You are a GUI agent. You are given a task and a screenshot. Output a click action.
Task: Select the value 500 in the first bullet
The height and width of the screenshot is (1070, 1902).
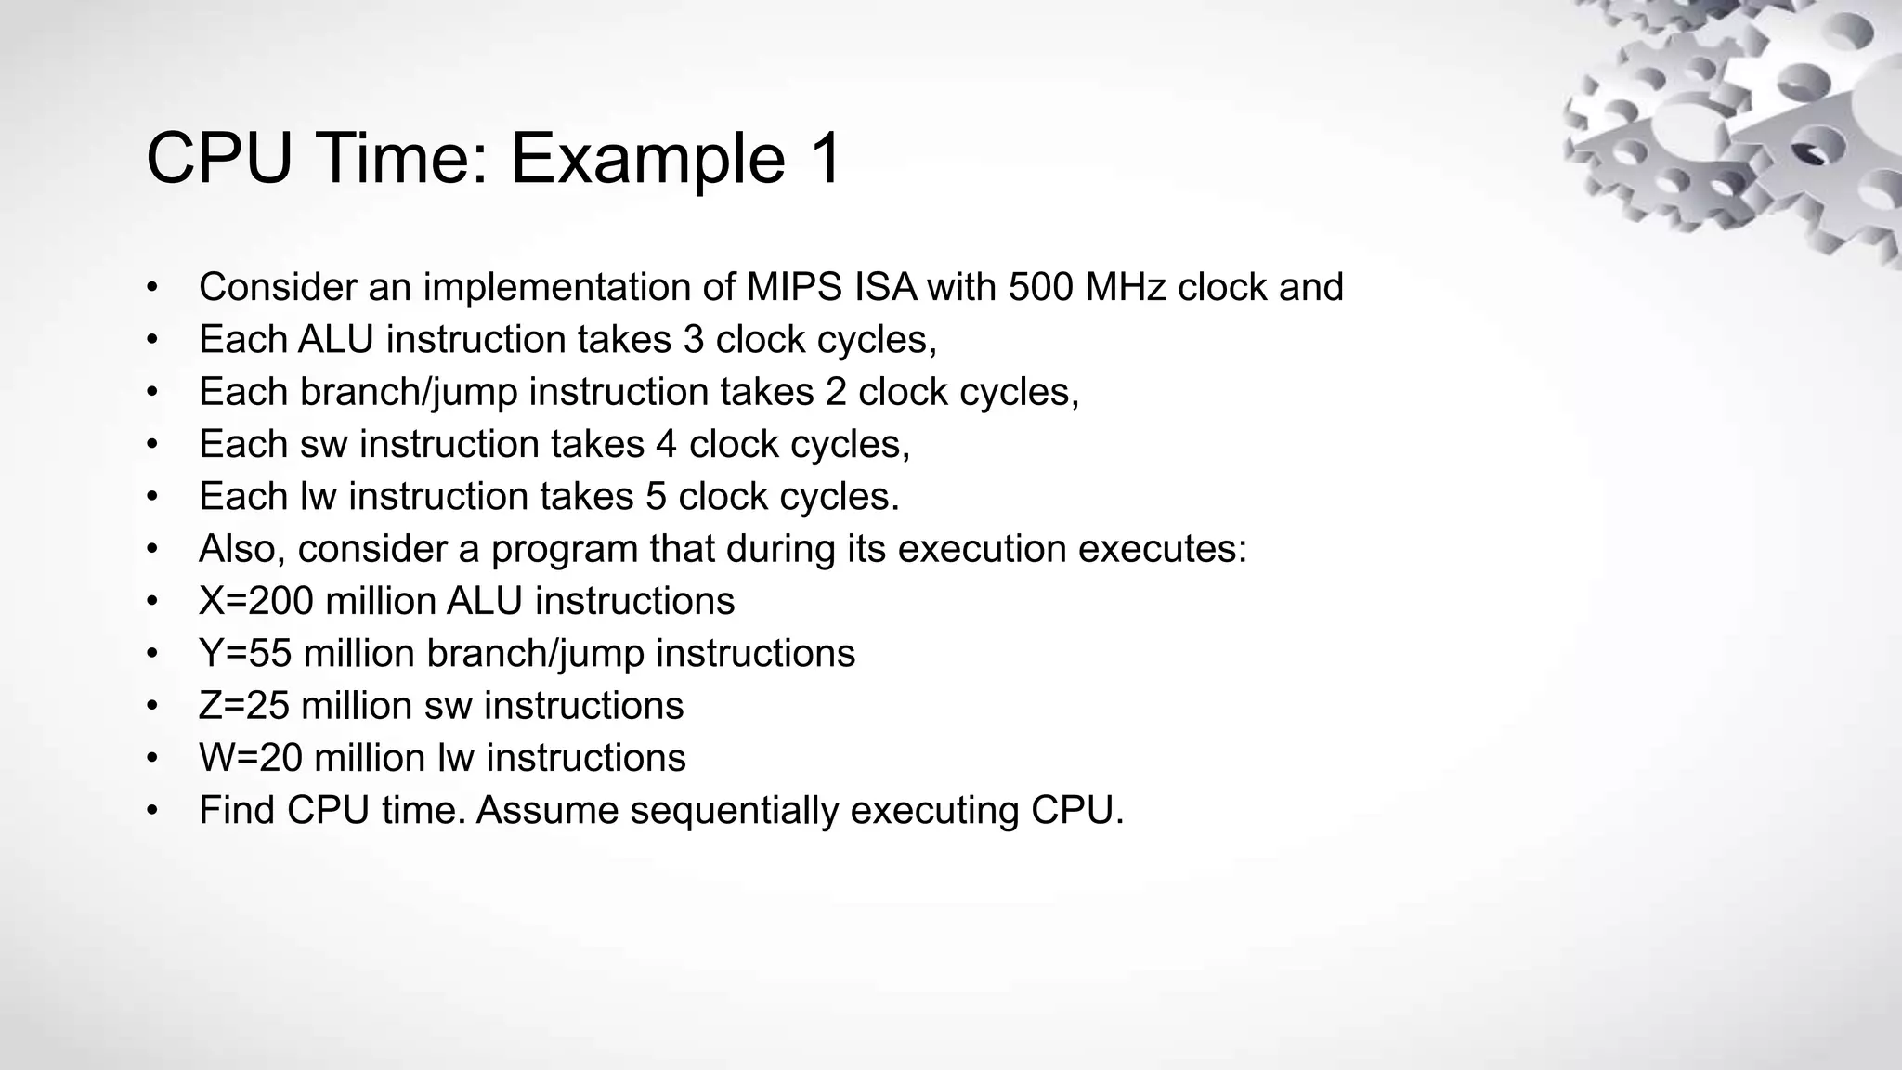click(x=1039, y=287)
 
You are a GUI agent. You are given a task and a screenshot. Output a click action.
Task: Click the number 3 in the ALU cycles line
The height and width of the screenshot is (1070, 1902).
click(x=694, y=340)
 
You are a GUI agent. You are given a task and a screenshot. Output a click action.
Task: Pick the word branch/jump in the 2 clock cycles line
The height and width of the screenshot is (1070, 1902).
click(x=409, y=392)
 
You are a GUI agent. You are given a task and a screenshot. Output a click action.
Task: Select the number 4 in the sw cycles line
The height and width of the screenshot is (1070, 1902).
click(x=666, y=444)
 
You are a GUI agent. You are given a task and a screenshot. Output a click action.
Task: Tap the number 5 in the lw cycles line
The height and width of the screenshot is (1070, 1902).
click(x=656, y=497)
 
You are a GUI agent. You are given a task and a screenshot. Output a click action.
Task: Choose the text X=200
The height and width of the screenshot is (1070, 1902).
click(x=256, y=602)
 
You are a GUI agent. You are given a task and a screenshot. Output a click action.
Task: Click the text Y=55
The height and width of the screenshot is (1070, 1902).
click(x=245, y=654)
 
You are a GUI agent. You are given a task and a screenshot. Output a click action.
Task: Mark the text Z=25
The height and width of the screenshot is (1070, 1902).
click(x=243, y=706)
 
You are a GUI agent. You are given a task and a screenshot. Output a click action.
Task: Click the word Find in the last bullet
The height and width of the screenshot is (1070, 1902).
click(x=237, y=810)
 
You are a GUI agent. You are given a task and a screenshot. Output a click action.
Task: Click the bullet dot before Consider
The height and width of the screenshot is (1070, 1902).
click(x=152, y=288)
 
